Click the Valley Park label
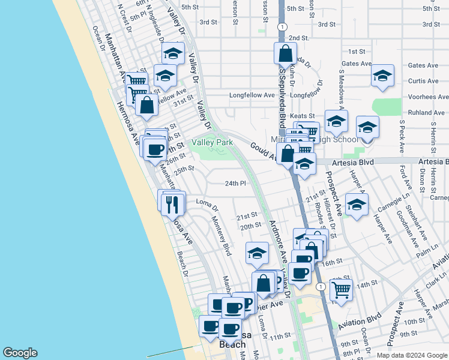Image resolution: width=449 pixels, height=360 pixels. [x=211, y=143]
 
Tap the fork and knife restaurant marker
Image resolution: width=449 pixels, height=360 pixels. [x=173, y=205]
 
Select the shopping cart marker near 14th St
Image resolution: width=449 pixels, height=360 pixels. [x=341, y=290]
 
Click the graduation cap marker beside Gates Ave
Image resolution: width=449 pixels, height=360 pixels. [x=382, y=76]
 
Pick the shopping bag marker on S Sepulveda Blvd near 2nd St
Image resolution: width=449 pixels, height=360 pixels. [x=285, y=54]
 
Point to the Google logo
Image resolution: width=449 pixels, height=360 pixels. [x=20, y=353]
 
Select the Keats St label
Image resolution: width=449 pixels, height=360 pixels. [x=303, y=116]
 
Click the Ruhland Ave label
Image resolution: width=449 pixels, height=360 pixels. [x=425, y=112]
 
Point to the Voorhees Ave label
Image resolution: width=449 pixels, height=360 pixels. [x=425, y=96]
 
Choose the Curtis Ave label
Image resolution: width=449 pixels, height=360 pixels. [x=423, y=81]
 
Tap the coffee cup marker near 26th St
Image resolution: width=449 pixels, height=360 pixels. [x=155, y=149]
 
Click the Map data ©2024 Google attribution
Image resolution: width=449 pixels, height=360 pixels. [x=411, y=355]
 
